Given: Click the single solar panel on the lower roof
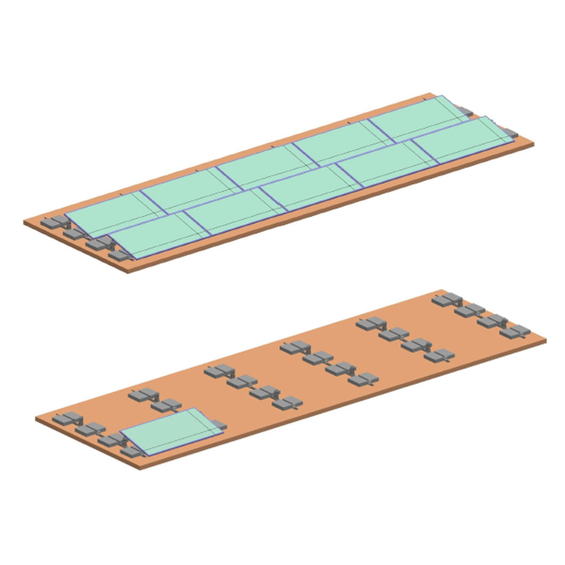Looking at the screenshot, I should click(172, 432).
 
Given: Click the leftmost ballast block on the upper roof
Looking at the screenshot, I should click(48, 222).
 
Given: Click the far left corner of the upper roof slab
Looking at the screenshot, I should click(24, 221).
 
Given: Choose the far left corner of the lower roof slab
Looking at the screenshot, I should click(36, 418).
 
